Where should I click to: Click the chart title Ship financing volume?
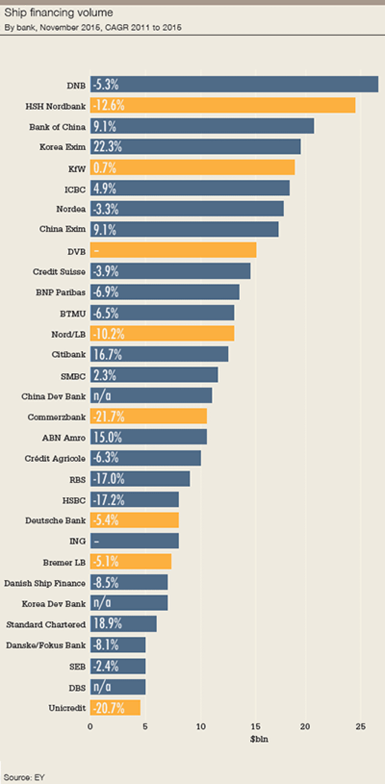pos(58,13)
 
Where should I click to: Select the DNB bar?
pos(234,85)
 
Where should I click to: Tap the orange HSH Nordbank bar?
pos(222,105)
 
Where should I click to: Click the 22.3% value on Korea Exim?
pos(108,147)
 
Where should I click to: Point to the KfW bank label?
pos(77,169)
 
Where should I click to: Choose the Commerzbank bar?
pos(148,417)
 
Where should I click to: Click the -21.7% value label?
pos(109,417)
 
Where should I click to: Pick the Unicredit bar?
pos(115,708)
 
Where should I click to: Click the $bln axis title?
pos(258,739)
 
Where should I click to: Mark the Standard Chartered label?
pos(46,625)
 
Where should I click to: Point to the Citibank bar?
pos(159,354)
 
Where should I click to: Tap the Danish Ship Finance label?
pos(45,583)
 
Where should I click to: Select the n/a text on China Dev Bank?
pos(102,396)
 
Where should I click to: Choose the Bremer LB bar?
pos(130,562)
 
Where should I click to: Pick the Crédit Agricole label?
pos(55,459)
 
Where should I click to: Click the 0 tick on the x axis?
pos(90,726)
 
